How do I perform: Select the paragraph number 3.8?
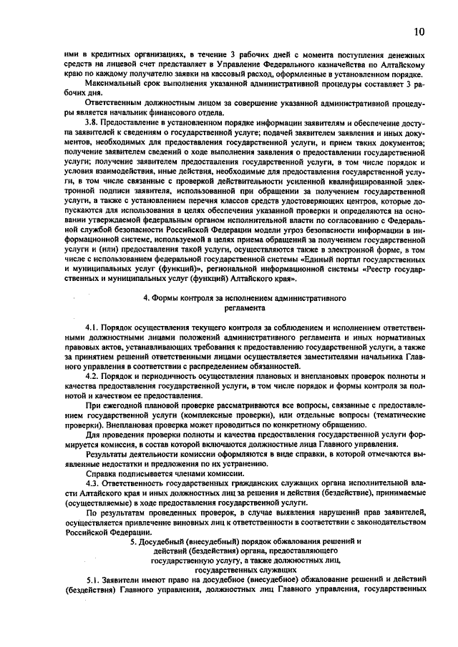tap(93, 124)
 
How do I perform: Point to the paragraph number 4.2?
tap(93, 376)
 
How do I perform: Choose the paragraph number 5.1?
tap(93, 581)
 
